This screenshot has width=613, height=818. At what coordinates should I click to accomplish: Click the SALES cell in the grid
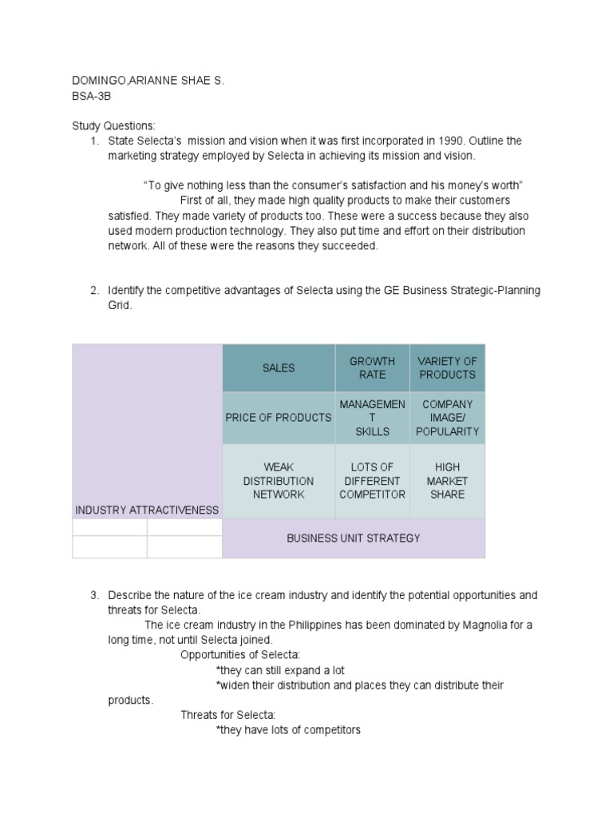279,368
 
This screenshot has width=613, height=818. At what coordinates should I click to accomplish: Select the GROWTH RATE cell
372,368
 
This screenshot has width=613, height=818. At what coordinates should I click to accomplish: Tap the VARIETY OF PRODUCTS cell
447,368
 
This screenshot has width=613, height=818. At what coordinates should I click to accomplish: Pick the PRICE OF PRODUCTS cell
279,418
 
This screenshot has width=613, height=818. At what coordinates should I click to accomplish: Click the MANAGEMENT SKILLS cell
372,418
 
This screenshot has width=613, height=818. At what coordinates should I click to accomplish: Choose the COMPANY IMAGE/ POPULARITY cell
447,418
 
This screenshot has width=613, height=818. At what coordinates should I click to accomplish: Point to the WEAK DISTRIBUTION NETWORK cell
279,481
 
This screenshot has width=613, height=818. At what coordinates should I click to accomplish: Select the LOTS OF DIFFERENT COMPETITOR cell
372,481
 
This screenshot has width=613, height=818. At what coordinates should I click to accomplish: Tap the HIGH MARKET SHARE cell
447,481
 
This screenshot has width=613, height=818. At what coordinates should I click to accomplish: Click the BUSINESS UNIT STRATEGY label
353,538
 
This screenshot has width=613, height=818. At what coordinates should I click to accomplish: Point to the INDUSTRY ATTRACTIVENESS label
146,510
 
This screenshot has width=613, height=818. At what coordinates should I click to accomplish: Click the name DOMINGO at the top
97,81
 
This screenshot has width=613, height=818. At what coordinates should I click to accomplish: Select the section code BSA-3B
90,96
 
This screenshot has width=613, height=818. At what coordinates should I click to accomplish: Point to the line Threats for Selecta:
227,715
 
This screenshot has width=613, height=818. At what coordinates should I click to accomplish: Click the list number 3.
94,596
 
